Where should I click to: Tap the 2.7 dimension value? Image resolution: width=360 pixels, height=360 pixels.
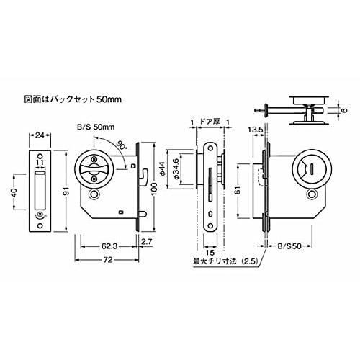coord(148,242)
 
